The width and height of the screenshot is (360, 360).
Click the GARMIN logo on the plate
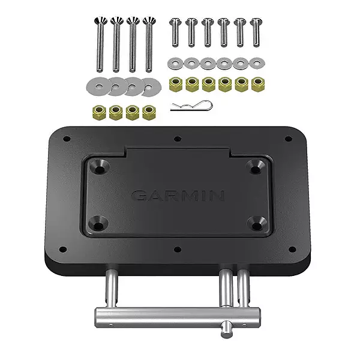click(178, 196)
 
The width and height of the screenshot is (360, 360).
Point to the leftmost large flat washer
click(97, 85)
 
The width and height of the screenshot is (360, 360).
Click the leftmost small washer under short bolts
click(175, 62)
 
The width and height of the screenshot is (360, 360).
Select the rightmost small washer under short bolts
click(257, 62)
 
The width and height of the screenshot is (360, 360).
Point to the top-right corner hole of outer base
click(288, 139)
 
